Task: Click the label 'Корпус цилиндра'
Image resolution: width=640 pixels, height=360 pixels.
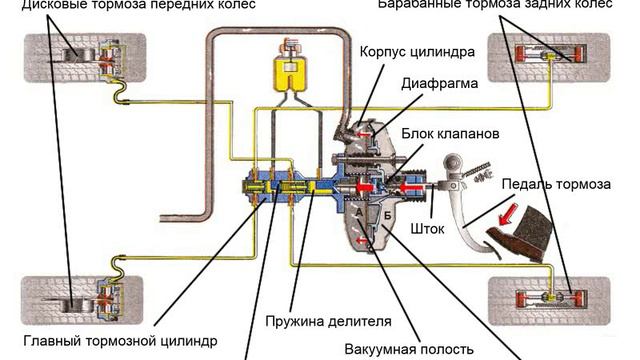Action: (417, 52)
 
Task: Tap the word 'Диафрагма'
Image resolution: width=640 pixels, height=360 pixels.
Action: (440, 84)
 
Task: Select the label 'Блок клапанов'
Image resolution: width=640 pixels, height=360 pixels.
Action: (450, 134)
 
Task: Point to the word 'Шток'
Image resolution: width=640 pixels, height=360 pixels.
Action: (427, 229)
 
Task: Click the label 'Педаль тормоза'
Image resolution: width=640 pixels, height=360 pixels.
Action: (556, 184)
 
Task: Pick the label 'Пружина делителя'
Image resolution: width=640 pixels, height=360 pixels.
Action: (328, 321)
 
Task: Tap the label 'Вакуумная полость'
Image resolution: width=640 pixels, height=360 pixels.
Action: (409, 349)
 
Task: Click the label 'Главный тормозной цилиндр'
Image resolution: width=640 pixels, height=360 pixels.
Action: (120, 341)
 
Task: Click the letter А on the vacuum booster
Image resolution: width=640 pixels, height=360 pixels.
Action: (359, 212)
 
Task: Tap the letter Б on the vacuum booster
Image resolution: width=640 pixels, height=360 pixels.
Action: (388, 216)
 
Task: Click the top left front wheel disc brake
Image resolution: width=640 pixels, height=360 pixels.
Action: (92, 58)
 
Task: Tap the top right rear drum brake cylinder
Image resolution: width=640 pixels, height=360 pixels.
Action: (550, 55)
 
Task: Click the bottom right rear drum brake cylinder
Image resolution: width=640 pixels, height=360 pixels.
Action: (551, 298)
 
